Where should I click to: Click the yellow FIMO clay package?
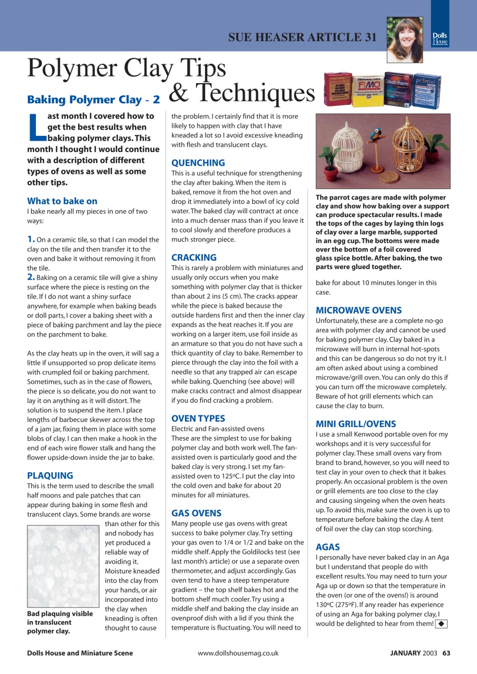point(367,87)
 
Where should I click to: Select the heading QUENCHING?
point(198,163)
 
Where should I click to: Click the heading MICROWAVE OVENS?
point(358,311)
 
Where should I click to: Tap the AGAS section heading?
point(327,547)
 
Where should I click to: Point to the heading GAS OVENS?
point(197,513)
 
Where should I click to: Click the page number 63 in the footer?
point(446,653)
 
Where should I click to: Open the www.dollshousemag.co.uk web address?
point(238,653)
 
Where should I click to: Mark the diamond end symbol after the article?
point(442,624)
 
